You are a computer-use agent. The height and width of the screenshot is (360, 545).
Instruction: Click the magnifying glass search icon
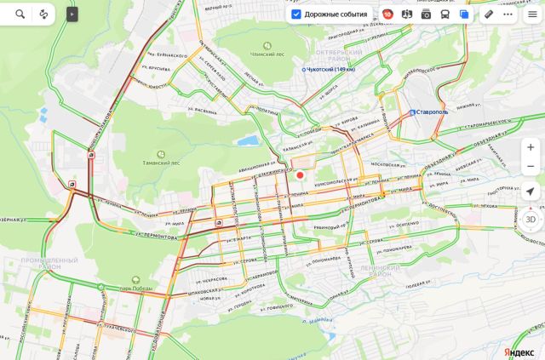[x=20, y=14]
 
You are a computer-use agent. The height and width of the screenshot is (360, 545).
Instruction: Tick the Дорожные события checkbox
[x=295, y=14]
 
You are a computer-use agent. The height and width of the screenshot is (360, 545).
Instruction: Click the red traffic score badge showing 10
[x=387, y=14]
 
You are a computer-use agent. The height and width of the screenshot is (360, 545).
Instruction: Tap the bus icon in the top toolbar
[x=445, y=14]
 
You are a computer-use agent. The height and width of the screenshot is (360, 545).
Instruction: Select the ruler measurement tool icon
[x=489, y=14]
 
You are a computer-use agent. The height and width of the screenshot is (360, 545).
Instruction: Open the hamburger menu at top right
[x=532, y=14]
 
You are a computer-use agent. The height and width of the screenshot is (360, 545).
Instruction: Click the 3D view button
[x=531, y=219]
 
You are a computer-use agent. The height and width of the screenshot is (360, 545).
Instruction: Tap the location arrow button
[x=531, y=191]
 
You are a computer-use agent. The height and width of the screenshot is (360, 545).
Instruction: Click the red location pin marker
[x=300, y=175]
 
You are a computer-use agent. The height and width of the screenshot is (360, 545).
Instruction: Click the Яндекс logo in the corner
[x=519, y=351]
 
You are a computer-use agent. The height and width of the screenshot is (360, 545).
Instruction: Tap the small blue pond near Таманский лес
[x=248, y=140]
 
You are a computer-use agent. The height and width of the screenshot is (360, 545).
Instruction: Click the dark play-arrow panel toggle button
[x=72, y=14]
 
